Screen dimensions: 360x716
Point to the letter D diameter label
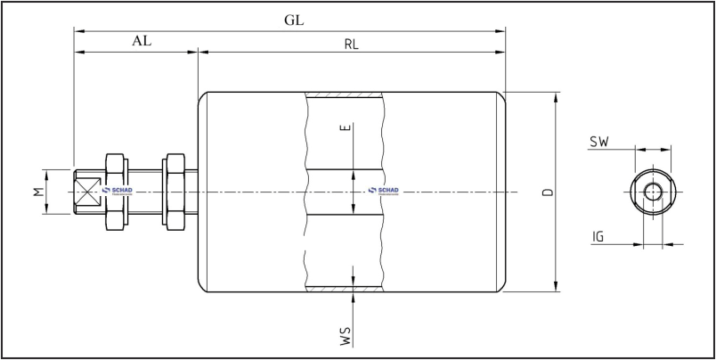coord(547,192)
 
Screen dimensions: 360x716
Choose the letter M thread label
coord(38,192)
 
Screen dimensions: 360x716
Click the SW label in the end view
coord(598,142)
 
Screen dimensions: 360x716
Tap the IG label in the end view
coord(599,236)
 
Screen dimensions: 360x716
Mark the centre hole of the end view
coord(654,192)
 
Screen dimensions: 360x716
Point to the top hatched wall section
coord(346,94)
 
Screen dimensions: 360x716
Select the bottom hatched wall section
coord(346,289)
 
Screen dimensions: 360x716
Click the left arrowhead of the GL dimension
coord(78,31)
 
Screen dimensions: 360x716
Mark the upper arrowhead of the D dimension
coord(556,96)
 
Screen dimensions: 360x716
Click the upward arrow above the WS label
coord(354,298)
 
